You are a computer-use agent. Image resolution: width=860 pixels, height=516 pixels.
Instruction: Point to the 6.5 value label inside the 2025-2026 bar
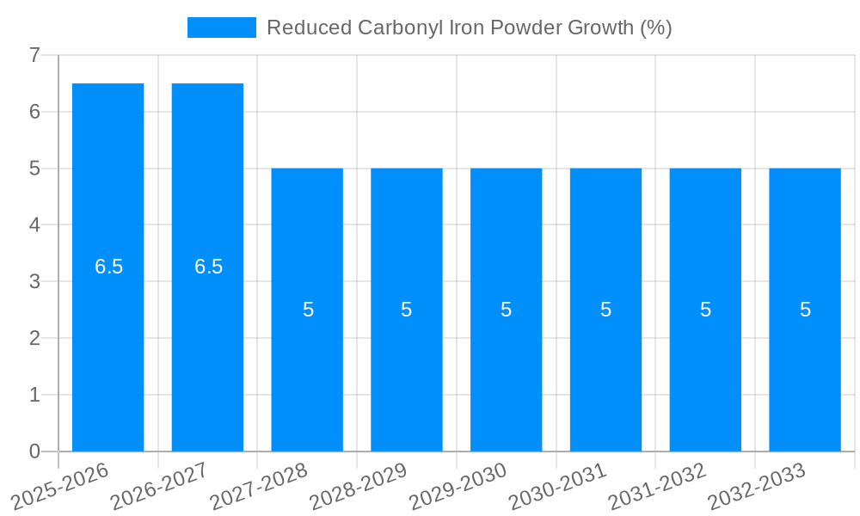point(109,267)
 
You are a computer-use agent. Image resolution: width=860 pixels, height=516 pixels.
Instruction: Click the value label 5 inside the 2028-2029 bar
point(407,310)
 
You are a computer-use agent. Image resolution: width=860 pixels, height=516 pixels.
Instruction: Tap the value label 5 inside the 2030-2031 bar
point(605,310)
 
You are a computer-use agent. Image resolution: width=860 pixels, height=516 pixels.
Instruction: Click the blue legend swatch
point(222,28)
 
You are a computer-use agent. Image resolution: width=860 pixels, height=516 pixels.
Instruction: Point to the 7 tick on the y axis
point(34,55)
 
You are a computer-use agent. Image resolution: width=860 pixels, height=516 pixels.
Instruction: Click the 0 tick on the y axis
point(34,451)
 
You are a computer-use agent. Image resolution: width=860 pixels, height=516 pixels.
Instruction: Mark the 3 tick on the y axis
point(34,281)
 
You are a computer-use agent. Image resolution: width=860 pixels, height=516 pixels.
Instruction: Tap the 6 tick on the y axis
point(34,112)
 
